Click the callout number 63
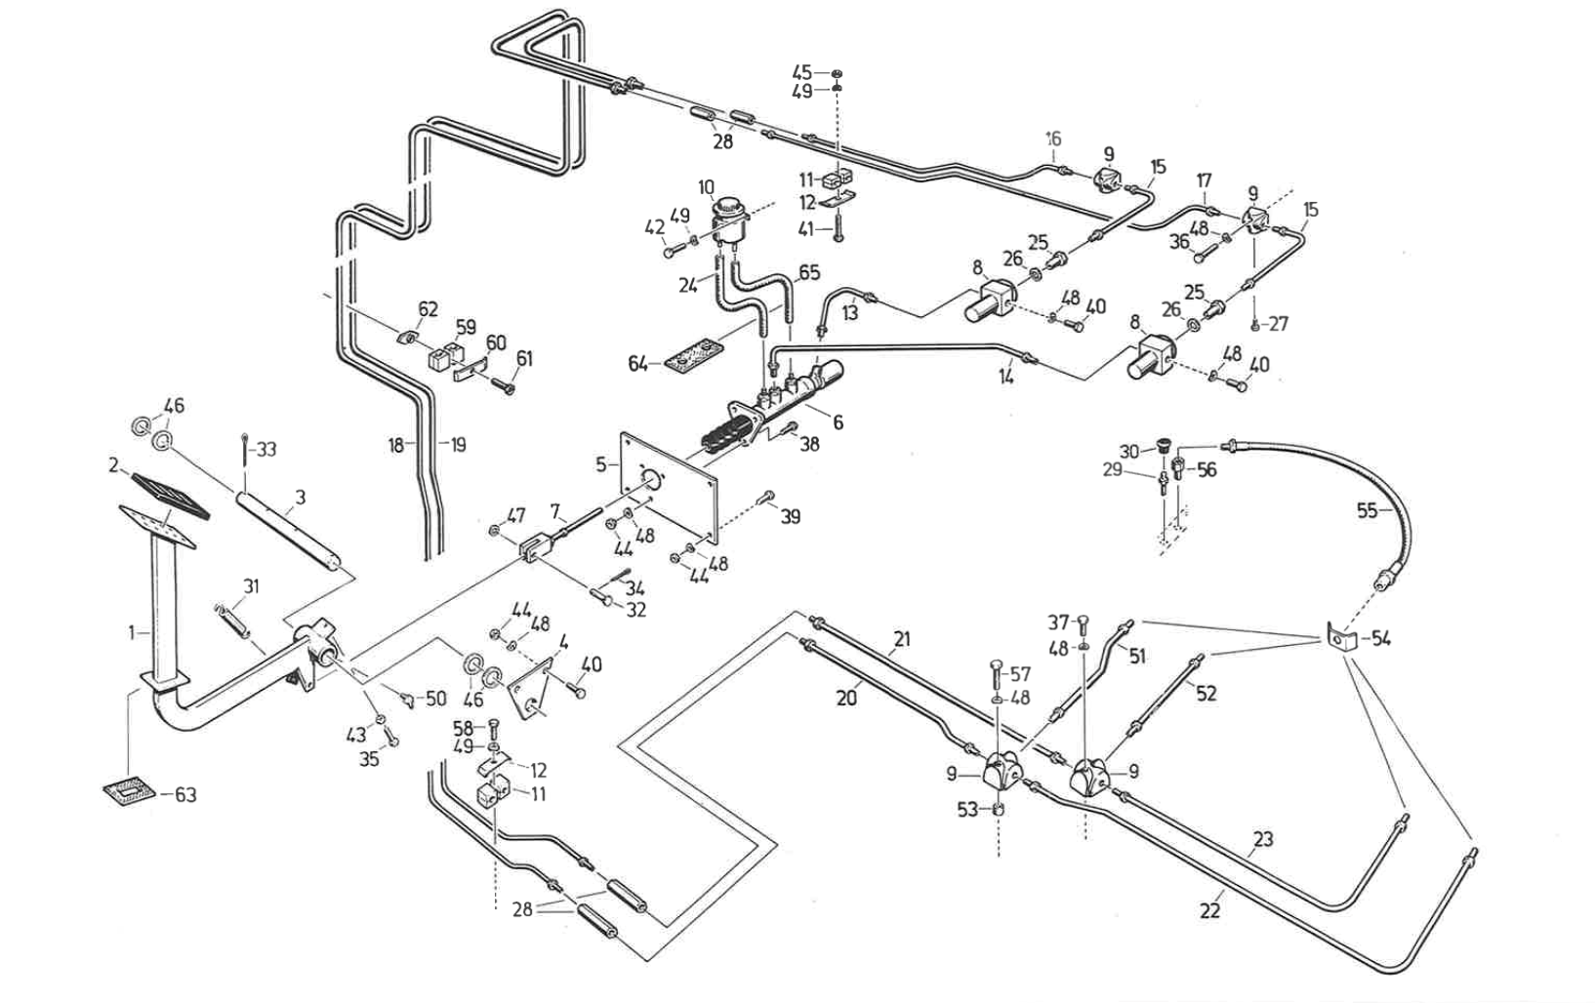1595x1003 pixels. pos(185,795)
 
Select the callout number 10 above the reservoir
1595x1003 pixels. pos(707,187)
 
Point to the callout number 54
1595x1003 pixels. pos(1380,639)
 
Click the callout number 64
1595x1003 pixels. pos(638,364)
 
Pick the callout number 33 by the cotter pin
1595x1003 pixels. pos(266,450)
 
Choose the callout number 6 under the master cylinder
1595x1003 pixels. pos(838,422)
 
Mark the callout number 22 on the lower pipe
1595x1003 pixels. pos(1209,910)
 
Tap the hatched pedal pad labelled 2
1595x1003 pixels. pos(169,495)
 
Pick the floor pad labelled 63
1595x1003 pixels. pos(129,788)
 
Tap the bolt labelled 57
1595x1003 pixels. pos(994,673)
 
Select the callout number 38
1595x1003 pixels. pos(809,444)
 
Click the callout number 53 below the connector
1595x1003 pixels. pos(966,810)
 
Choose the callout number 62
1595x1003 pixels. pos(428,310)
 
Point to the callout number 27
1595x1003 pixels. pos(1279,324)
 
